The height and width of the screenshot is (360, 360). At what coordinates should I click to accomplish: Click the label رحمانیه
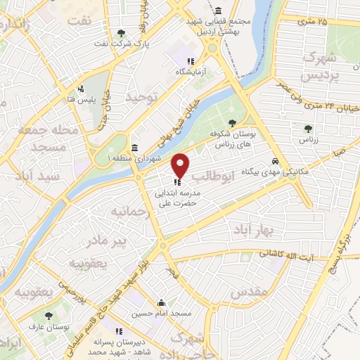click(126, 211)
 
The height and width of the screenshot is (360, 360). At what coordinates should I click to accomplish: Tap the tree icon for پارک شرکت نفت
click(122, 33)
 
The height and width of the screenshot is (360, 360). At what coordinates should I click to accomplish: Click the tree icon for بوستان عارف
click(49, 316)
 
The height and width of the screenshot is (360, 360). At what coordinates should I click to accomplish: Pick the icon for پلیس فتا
click(82, 89)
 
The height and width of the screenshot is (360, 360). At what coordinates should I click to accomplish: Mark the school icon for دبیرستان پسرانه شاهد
click(120, 330)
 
